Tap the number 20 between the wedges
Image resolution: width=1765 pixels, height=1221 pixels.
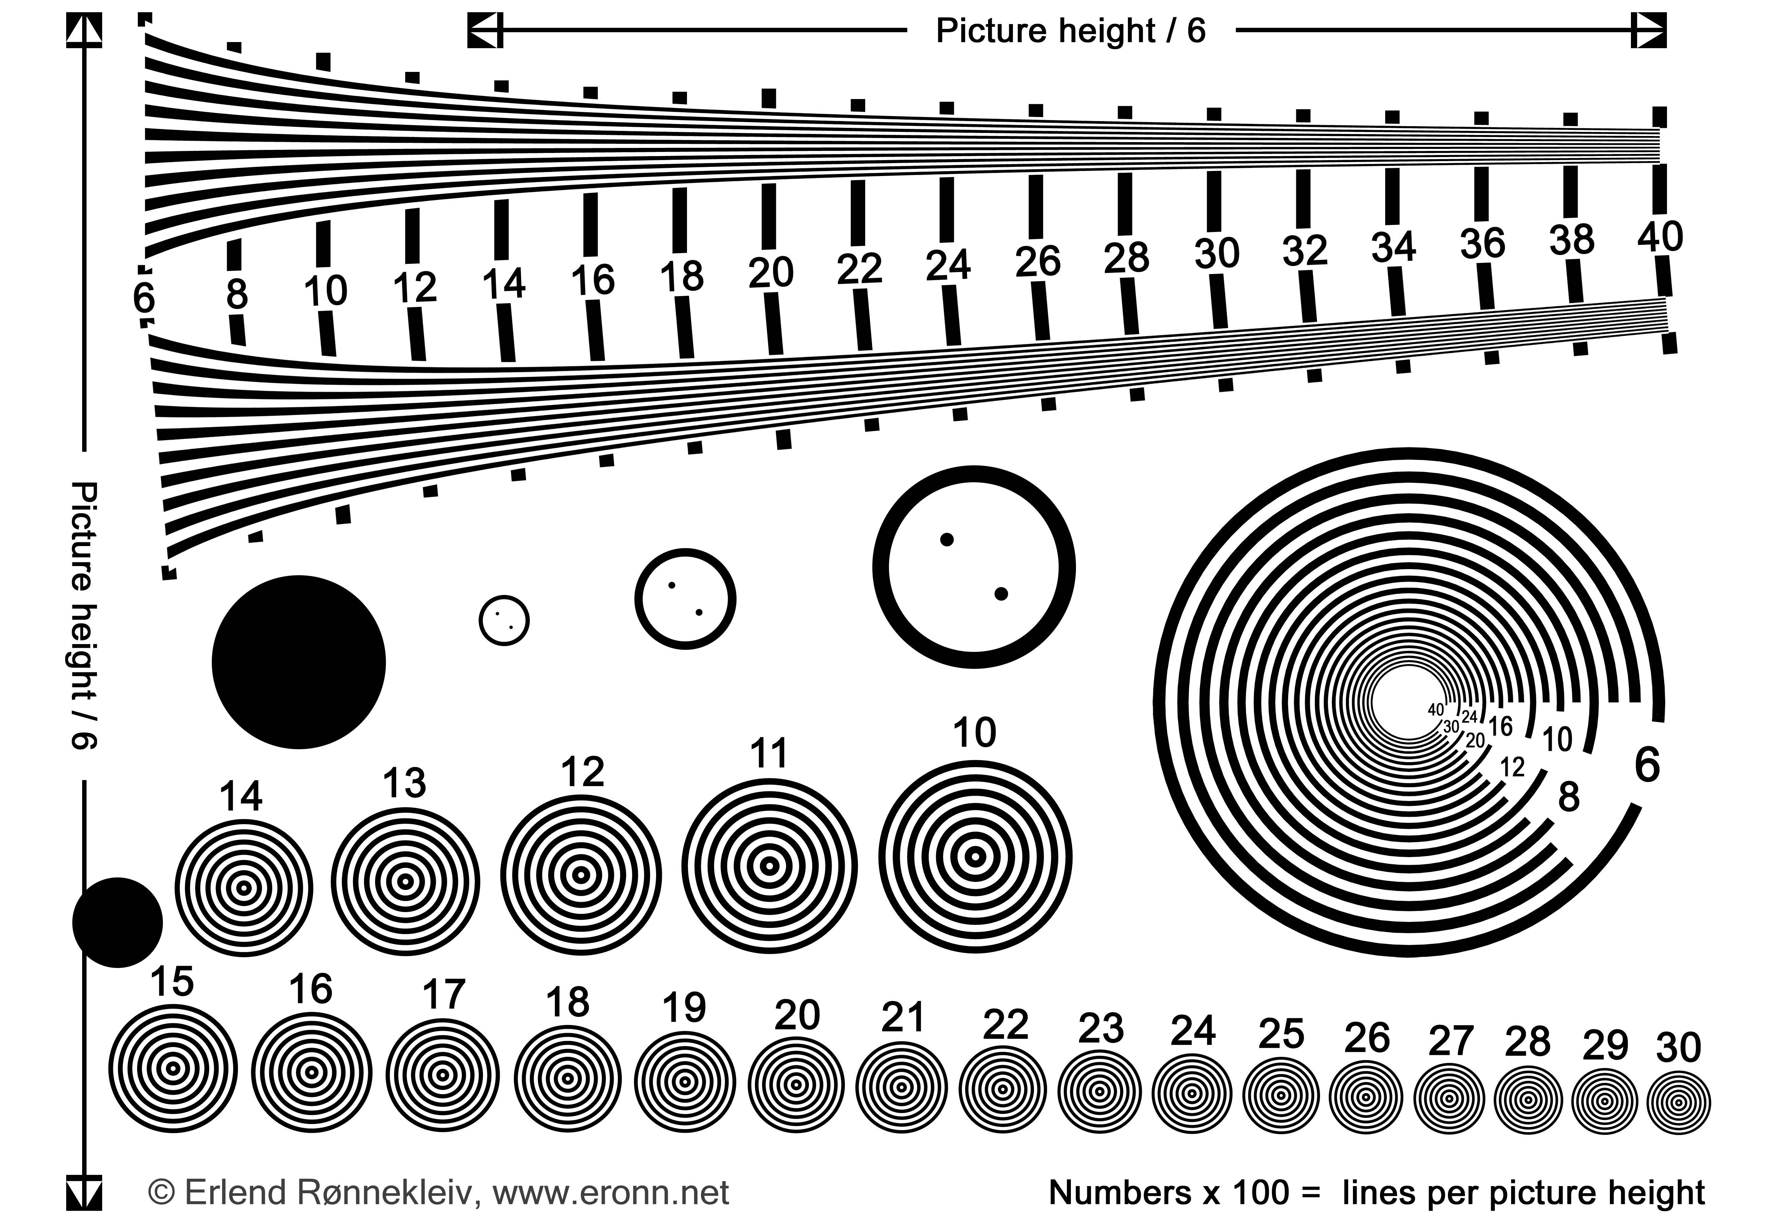click(x=771, y=272)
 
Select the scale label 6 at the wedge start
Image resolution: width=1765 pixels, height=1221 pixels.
click(x=143, y=298)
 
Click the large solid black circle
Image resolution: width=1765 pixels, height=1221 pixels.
click(x=298, y=662)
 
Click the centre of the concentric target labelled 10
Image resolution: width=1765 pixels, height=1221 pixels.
click(x=974, y=857)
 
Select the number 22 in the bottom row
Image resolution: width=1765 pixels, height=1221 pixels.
click(x=1005, y=1025)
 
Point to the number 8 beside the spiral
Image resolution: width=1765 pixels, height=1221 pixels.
click(x=1568, y=797)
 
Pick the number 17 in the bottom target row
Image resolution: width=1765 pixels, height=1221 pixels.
click(x=443, y=995)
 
